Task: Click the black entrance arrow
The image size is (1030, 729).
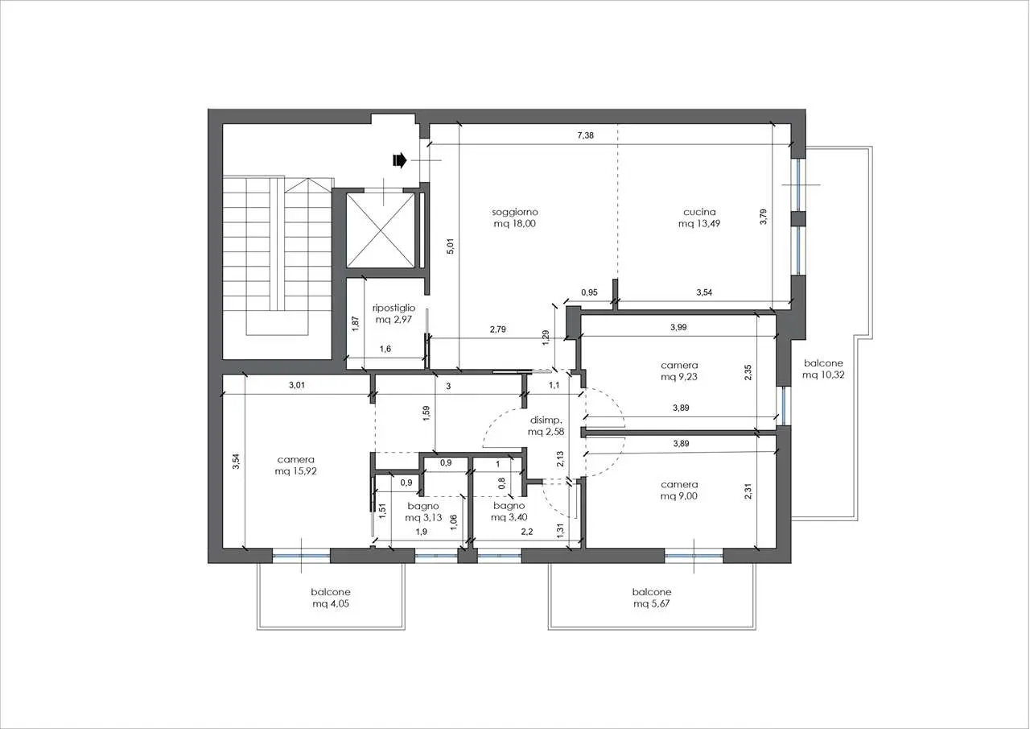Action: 400,160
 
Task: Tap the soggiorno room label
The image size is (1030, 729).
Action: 514,218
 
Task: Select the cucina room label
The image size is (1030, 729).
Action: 699,218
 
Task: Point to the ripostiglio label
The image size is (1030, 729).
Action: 393,313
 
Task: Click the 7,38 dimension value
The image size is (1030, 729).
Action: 585,135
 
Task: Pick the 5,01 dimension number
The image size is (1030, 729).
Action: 451,246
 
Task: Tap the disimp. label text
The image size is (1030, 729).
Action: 546,420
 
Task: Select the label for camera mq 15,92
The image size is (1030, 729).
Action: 295,466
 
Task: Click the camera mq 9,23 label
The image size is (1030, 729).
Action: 679,371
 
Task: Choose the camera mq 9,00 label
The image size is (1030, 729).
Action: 679,490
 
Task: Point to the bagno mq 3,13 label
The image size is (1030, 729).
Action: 423,512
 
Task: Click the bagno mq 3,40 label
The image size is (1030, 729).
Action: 509,512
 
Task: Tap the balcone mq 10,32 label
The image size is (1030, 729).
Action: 823,369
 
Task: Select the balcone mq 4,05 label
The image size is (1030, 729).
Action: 331,598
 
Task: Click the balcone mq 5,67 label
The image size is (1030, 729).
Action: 652,598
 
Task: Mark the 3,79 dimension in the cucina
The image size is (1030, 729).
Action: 764,217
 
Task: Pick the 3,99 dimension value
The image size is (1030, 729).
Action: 678,327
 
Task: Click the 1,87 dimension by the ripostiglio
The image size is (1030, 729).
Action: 355,322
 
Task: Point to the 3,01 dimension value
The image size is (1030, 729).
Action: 297,385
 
